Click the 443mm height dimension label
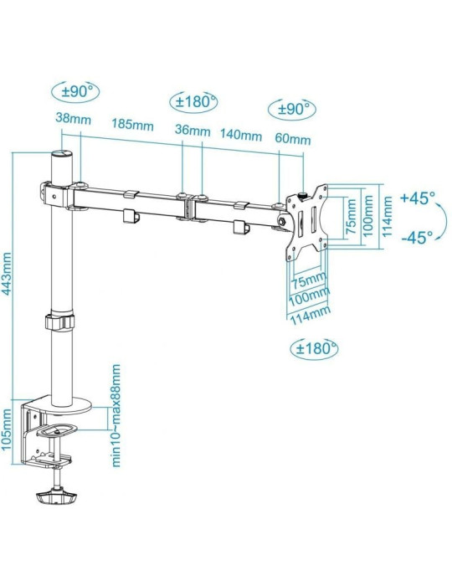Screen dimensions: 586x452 [x=8, y=269]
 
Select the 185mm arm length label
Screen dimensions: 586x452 [x=133, y=126]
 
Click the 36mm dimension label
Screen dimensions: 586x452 [x=193, y=131]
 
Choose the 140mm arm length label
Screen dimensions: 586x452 [x=240, y=133]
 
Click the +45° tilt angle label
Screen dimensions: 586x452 [x=418, y=198]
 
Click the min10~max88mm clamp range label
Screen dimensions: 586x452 [x=117, y=415]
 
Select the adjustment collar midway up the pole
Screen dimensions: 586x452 [x=59, y=323]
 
